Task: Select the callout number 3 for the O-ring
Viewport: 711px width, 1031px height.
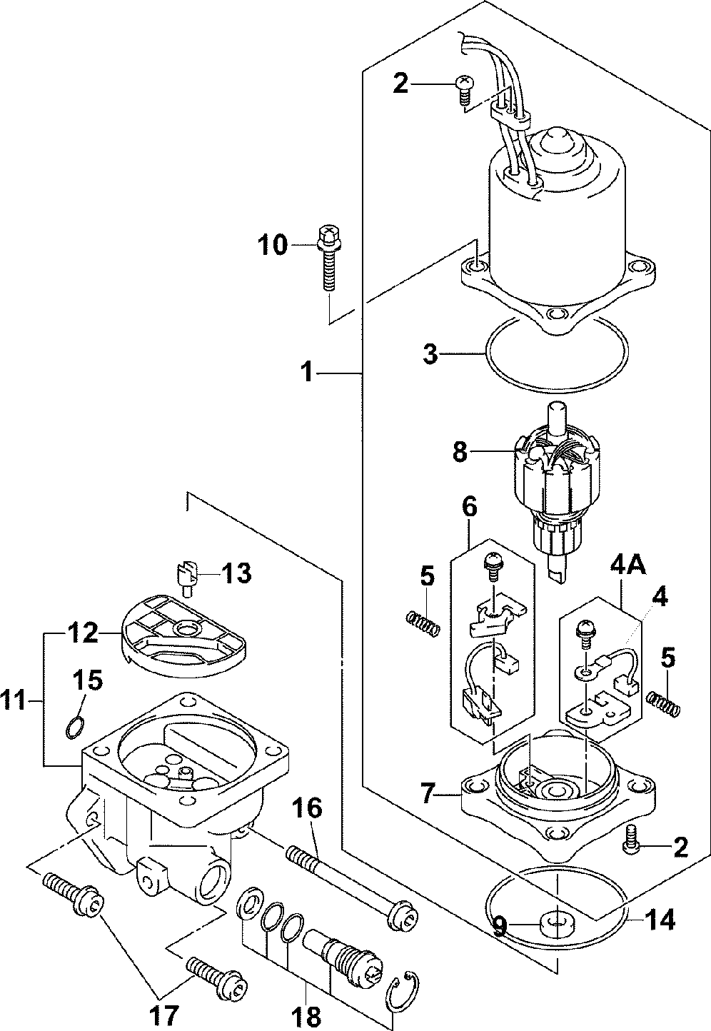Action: click(430, 354)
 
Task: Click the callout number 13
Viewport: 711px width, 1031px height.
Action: click(236, 573)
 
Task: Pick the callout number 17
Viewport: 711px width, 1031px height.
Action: click(163, 1015)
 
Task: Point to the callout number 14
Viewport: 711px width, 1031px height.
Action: click(660, 920)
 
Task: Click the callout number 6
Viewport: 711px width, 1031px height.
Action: click(469, 507)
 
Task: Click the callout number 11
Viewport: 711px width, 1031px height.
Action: click(14, 701)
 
